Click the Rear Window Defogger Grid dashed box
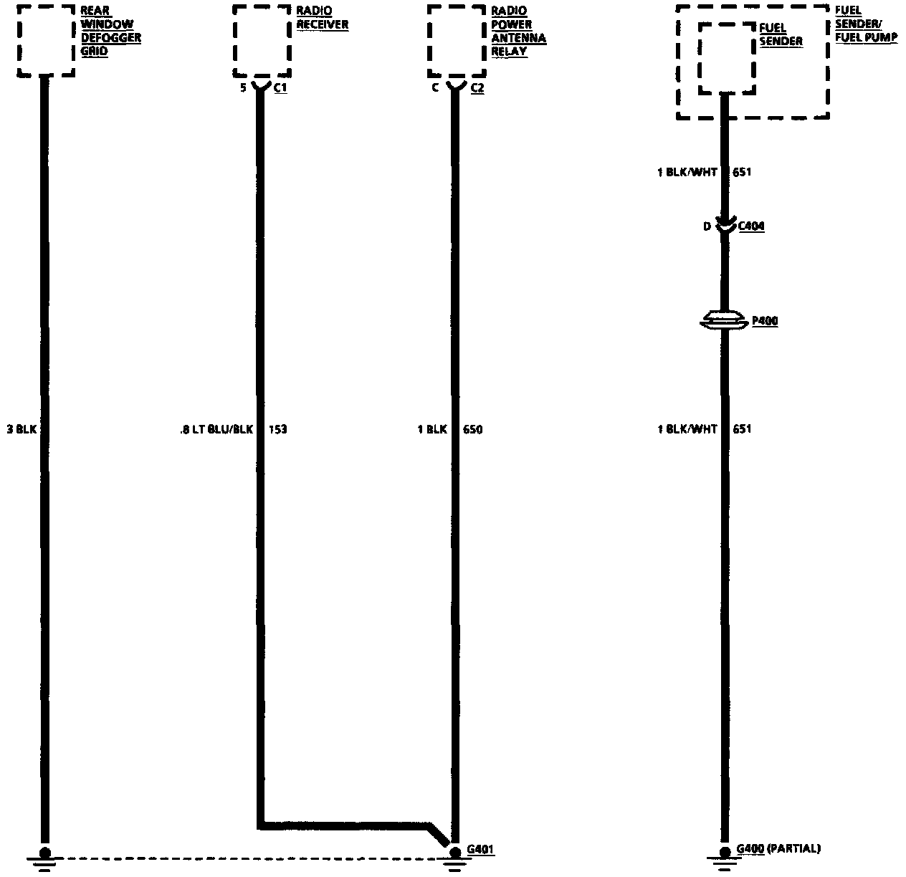tap(46, 40)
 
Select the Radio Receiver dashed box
tap(262, 40)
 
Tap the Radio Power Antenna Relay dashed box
tap(457, 40)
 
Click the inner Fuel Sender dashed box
tap(727, 57)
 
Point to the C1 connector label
tap(280, 89)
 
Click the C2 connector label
tap(477, 89)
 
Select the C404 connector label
tap(750, 226)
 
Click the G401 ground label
tap(480, 850)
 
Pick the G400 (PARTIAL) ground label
tap(778, 849)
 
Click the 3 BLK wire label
tap(22, 430)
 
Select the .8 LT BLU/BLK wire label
tap(216, 430)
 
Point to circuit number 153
tap(277, 430)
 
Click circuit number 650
tap(472, 430)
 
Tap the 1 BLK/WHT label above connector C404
tap(687, 173)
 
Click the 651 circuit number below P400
tap(742, 429)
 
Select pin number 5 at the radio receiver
tap(243, 89)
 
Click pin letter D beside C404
tap(707, 226)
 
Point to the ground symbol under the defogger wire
tap(44, 860)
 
